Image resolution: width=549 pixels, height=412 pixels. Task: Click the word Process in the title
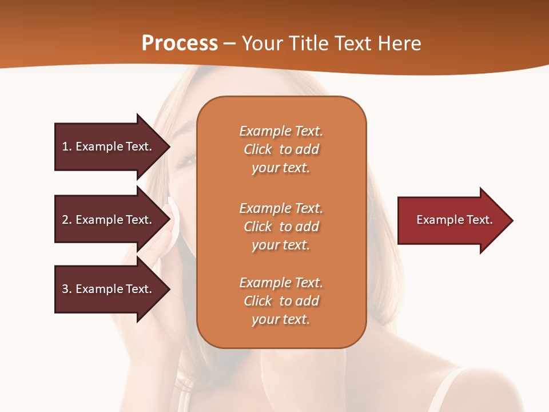(x=180, y=43)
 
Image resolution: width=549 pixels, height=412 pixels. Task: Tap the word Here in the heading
(x=399, y=43)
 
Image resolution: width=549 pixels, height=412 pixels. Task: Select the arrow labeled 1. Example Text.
(x=109, y=146)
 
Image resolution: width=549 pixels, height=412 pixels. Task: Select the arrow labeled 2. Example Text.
(x=109, y=220)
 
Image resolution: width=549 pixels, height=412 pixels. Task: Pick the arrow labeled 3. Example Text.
(x=109, y=289)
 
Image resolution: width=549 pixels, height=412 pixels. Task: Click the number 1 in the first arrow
(x=65, y=146)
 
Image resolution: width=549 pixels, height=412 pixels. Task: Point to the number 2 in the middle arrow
(x=65, y=220)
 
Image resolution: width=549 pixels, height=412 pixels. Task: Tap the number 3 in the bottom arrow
(x=65, y=289)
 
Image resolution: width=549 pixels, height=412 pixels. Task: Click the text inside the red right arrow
(x=454, y=220)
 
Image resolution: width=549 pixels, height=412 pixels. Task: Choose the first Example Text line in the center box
(x=281, y=131)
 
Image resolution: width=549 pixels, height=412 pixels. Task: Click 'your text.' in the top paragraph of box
(x=281, y=168)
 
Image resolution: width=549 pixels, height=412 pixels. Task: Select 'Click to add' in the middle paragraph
(x=281, y=227)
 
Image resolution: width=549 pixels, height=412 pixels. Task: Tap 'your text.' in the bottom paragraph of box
(x=281, y=319)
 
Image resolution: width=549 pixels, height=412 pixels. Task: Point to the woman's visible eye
(x=187, y=161)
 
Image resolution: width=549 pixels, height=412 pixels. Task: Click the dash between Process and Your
(x=229, y=44)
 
